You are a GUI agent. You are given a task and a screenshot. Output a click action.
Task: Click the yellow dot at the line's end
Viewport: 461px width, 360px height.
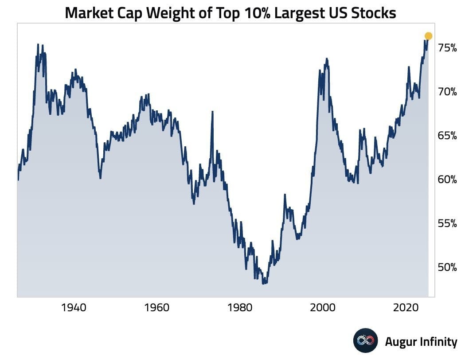pyautogui.click(x=428, y=36)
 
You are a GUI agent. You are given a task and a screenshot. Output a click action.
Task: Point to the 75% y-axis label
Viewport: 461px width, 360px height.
pyautogui.click(x=447, y=48)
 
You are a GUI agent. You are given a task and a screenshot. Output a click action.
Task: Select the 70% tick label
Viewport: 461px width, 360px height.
pyautogui.click(x=447, y=92)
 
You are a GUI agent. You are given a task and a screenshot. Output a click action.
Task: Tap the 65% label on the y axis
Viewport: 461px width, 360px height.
pyautogui.click(x=447, y=136)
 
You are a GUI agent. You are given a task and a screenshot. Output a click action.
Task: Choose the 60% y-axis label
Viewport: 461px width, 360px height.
pyautogui.click(x=447, y=180)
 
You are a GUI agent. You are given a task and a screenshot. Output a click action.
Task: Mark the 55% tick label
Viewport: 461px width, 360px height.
pyautogui.click(x=447, y=223)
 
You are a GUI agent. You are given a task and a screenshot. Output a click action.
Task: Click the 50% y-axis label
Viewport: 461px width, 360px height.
pyautogui.click(x=447, y=267)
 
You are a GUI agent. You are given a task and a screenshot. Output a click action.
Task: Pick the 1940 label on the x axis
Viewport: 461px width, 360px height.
pyautogui.click(x=73, y=307)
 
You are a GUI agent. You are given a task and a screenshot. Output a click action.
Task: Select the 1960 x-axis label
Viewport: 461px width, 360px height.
pyautogui.click(x=156, y=307)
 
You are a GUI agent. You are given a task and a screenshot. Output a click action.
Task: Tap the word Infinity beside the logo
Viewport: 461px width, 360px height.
pyautogui.click(x=438, y=341)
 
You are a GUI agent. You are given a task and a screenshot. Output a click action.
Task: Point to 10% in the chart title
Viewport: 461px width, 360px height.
pyautogui.click(x=254, y=13)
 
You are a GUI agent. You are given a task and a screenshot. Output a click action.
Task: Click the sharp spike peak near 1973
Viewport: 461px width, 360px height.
pyautogui.click(x=212, y=112)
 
